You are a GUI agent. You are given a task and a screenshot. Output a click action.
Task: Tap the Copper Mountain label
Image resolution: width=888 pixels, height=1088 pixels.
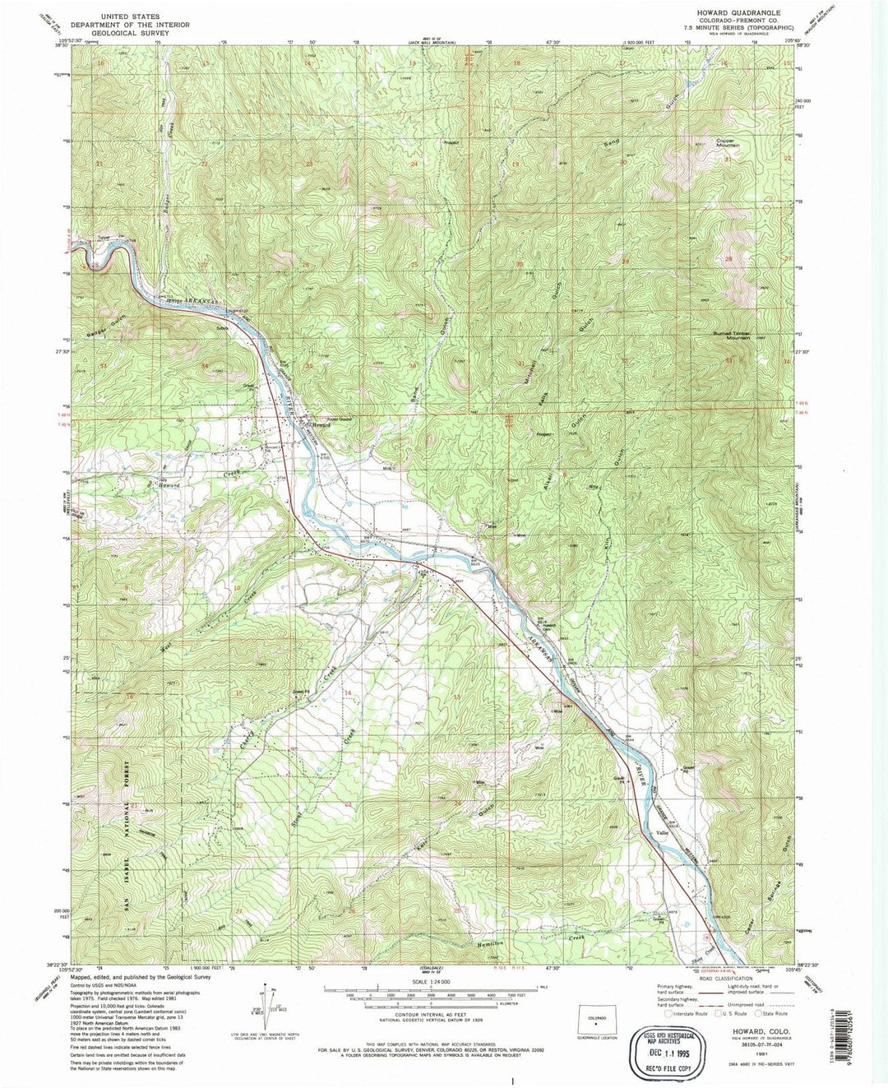point(727,143)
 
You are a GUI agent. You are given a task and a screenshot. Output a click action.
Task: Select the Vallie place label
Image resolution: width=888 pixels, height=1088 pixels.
point(662,833)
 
